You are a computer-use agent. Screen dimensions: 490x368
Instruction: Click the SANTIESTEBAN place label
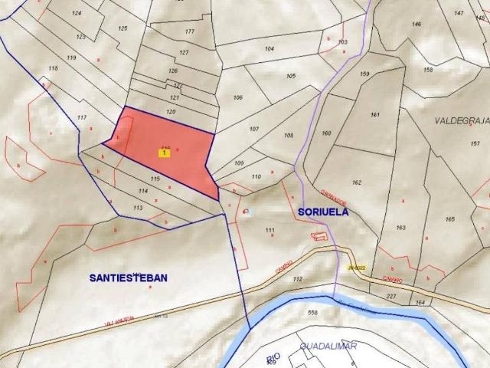pyautogui.click(x=128, y=278)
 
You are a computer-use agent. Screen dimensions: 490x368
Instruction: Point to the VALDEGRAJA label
pyautogui.click(x=462, y=120)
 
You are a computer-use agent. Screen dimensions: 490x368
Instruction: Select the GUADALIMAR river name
pyautogui.click(x=328, y=347)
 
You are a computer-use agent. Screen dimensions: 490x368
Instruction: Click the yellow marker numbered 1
pyautogui.click(x=163, y=153)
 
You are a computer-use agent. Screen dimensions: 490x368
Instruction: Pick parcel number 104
pyautogui.click(x=269, y=49)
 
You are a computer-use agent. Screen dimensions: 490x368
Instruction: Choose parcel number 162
pyautogui.click(x=356, y=182)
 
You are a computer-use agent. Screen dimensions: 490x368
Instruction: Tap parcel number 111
pyautogui.click(x=269, y=230)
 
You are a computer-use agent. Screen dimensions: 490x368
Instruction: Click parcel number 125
pyautogui.click(x=122, y=28)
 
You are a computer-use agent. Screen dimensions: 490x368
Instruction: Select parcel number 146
pyautogui.click(x=416, y=24)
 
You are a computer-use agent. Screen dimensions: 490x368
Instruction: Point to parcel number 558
pyautogui.click(x=312, y=313)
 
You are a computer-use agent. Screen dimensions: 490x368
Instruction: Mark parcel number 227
pyautogui.click(x=391, y=296)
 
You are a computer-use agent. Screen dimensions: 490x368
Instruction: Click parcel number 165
pyautogui.click(x=449, y=219)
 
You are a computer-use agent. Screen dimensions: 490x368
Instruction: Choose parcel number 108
pyautogui.click(x=288, y=136)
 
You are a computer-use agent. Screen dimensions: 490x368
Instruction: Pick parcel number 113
pyautogui.click(x=138, y=208)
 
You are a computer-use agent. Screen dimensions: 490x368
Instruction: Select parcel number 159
pyautogui.click(x=364, y=74)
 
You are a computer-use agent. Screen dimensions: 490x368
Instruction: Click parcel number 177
pyautogui.click(x=190, y=31)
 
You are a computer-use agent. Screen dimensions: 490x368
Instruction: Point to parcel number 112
pyautogui.click(x=298, y=279)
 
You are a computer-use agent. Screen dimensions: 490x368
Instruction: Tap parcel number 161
pyautogui.click(x=374, y=115)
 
